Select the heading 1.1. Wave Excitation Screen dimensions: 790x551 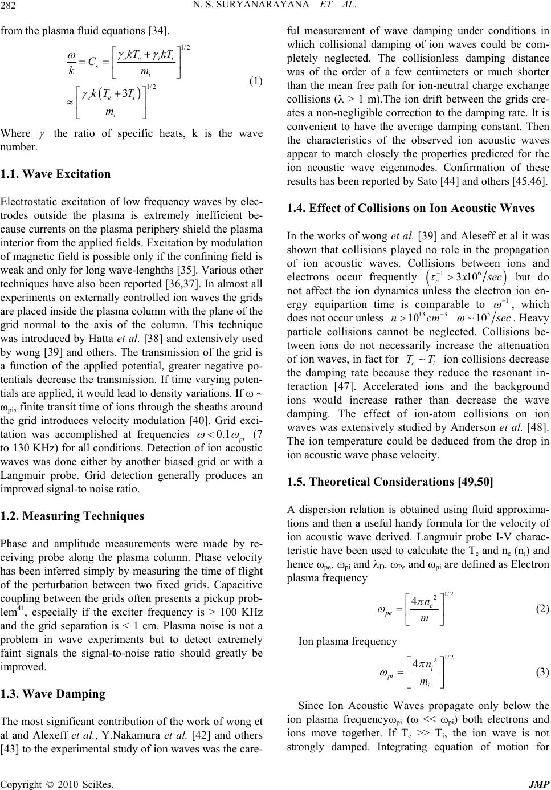[x=56, y=174]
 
